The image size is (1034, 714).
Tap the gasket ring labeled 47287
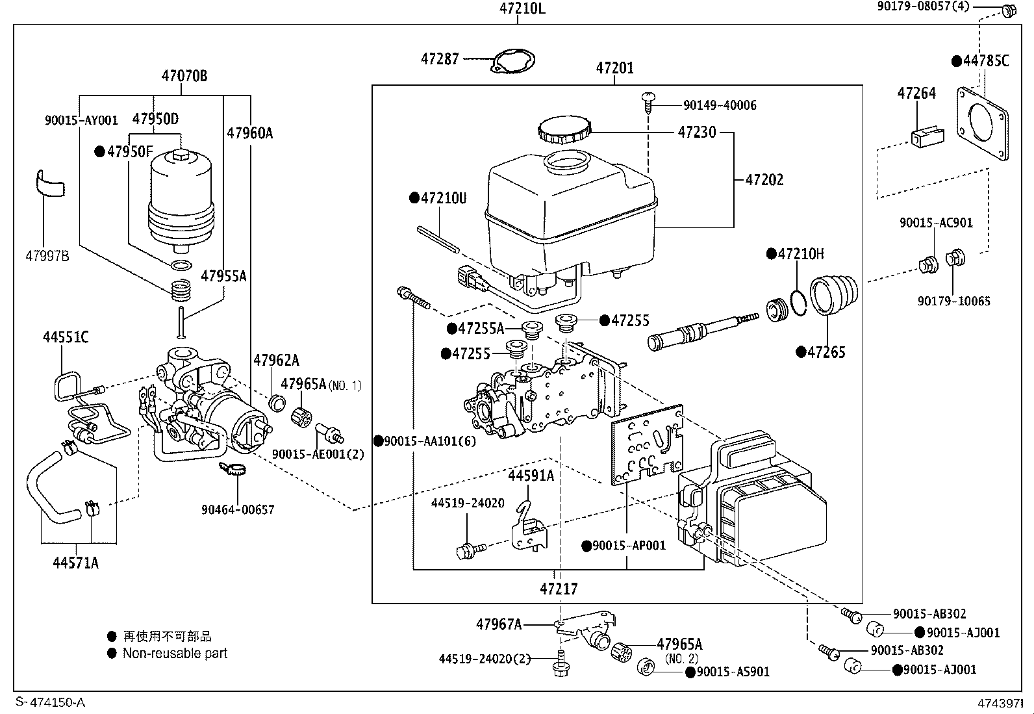[514, 62]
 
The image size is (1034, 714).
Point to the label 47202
[764, 180]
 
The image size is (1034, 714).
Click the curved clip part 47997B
[50, 184]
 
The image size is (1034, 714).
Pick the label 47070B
[184, 76]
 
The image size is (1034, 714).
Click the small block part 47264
[926, 137]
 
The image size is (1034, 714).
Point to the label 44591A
[531, 476]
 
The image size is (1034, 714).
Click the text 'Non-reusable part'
[175, 654]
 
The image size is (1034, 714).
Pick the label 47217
[559, 589]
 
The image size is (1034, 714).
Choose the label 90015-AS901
[733, 672]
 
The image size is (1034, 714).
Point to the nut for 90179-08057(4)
[1008, 10]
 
